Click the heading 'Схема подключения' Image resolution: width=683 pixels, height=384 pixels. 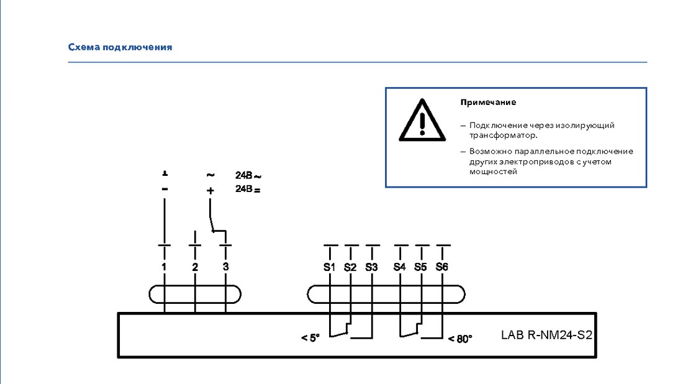120,47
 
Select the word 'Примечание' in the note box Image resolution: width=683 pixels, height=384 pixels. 488,103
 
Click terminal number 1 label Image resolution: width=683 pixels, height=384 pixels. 164,267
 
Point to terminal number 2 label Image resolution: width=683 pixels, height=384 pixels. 195,267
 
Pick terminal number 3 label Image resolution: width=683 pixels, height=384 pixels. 225,267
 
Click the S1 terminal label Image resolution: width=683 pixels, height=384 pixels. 329,267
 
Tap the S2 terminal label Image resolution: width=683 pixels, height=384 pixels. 350,267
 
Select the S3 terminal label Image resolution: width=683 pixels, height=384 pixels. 371,267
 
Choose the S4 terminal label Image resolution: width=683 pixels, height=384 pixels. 399,267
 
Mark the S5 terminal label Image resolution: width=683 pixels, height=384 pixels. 420,267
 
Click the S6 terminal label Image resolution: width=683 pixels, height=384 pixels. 441,267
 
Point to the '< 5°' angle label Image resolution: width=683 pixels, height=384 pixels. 310,338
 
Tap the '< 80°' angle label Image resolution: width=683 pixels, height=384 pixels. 461,339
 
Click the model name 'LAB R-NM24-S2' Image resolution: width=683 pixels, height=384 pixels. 546,335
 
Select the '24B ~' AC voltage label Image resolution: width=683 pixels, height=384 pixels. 248,175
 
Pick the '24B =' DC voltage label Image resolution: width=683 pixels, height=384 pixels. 248,189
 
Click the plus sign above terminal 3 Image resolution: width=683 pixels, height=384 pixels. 210,191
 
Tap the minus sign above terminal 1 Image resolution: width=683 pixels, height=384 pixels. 165,189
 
